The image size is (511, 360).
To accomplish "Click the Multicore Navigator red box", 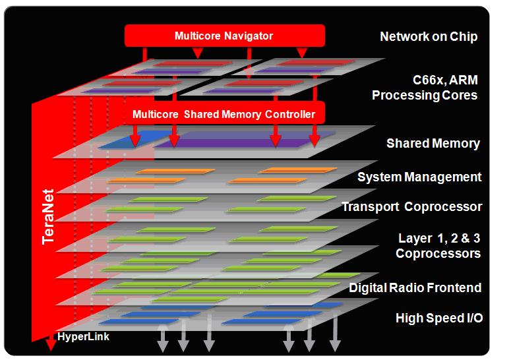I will point(224,36).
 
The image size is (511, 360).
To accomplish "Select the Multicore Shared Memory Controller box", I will point(224,114).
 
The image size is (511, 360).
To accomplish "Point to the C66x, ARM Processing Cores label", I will point(425,87).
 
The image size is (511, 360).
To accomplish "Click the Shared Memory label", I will point(433,143).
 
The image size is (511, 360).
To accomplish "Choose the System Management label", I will point(419,177).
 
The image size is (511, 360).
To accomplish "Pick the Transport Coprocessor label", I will point(411,207).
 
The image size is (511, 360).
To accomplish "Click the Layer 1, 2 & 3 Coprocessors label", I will point(438,245).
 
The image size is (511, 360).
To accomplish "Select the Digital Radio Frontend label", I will point(415,288).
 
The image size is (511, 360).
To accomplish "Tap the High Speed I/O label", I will point(439,318).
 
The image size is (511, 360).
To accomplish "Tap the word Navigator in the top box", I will point(247,36).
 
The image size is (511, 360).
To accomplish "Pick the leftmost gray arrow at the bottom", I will point(161,344).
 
